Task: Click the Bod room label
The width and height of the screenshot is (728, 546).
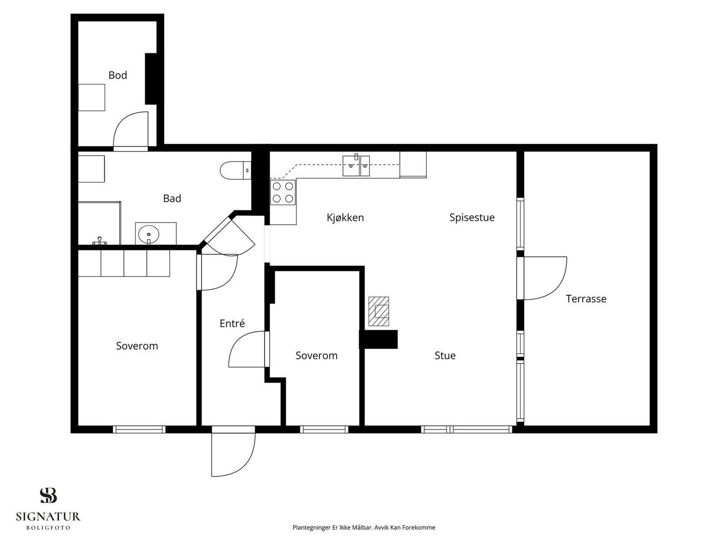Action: pyautogui.click(x=118, y=75)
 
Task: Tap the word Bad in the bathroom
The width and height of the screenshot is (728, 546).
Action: pyautogui.click(x=172, y=198)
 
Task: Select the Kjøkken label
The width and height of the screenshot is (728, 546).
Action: pyautogui.click(x=345, y=218)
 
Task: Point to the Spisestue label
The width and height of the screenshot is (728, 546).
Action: pyautogui.click(x=472, y=217)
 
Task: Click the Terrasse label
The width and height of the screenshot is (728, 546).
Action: pyautogui.click(x=586, y=298)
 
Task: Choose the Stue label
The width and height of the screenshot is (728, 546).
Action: pyautogui.click(x=445, y=355)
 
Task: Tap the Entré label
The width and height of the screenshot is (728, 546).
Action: pyautogui.click(x=232, y=323)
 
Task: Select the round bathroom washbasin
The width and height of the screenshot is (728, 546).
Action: pyautogui.click(x=149, y=235)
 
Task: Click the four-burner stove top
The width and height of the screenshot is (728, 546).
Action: pyautogui.click(x=283, y=192)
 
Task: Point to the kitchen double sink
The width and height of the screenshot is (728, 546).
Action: pyautogui.click(x=356, y=166)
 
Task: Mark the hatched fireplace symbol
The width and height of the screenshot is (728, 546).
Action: pyautogui.click(x=379, y=311)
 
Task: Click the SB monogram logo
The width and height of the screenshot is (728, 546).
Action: pyautogui.click(x=48, y=495)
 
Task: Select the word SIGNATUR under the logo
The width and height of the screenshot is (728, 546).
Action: pyautogui.click(x=48, y=516)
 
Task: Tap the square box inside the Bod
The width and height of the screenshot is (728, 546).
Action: pyautogui.click(x=91, y=97)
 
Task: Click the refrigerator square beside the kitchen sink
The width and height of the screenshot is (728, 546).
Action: pyautogui.click(x=413, y=164)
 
